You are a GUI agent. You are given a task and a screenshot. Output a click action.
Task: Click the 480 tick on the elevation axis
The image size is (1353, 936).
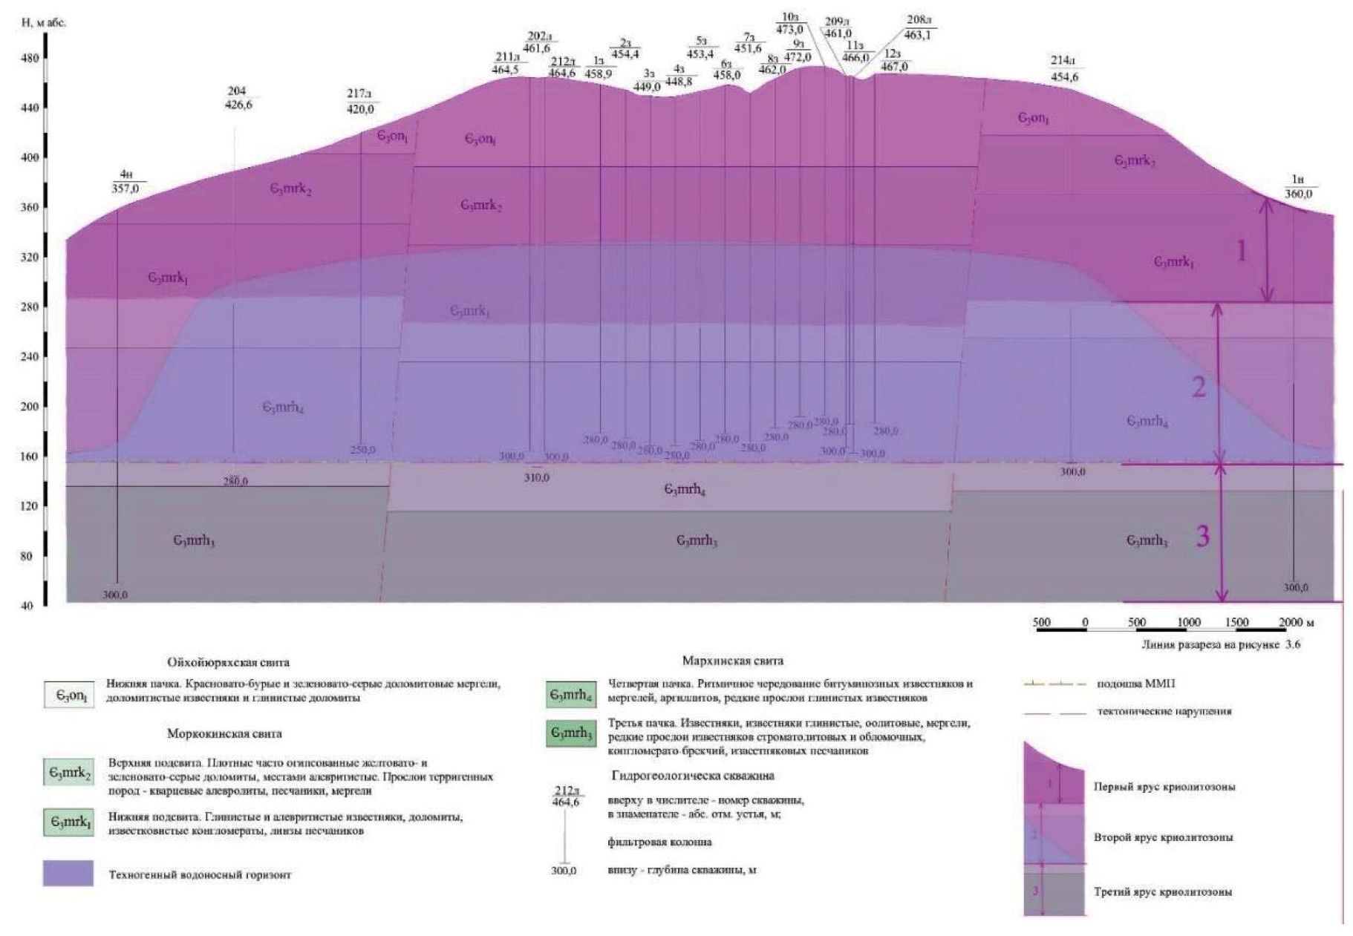pyautogui.click(x=30, y=57)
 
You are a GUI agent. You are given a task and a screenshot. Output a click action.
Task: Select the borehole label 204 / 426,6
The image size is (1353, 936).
pyautogui.click(x=238, y=98)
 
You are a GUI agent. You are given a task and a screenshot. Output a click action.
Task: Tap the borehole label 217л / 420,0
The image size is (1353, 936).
pyautogui.click(x=360, y=102)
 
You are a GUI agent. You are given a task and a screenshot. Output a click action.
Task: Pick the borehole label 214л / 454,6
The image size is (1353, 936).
pyautogui.click(x=1064, y=69)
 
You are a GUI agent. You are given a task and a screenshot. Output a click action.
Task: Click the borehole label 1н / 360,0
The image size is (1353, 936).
pyautogui.click(x=1298, y=187)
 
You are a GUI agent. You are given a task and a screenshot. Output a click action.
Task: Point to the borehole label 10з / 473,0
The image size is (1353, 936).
pyautogui.click(x=789, y=24)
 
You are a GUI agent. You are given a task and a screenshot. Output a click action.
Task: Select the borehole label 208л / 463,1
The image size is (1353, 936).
pyautogui.click(x=918, y=27)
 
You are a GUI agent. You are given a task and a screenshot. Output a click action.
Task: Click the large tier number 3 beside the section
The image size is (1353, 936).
pyautogui.click(x=1202, y=536)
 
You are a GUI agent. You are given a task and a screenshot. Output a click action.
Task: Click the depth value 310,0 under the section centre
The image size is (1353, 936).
pyautogui.click(x=536, y=478)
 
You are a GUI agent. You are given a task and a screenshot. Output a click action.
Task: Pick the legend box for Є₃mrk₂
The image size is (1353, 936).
pyautogui.click(x=69, y=773)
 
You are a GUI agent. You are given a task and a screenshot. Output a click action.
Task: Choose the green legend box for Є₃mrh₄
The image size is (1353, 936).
pyautogui.click(x=570, y=694)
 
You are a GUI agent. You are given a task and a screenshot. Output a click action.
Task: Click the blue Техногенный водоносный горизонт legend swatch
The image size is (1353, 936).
pyautogui.click(x=69, y=874)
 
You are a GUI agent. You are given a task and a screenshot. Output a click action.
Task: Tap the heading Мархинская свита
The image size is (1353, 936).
pyautogui.click(x=732, y=661)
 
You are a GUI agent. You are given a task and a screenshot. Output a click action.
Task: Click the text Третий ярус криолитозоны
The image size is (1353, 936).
pyautogui.click(x=1163, y=891)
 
